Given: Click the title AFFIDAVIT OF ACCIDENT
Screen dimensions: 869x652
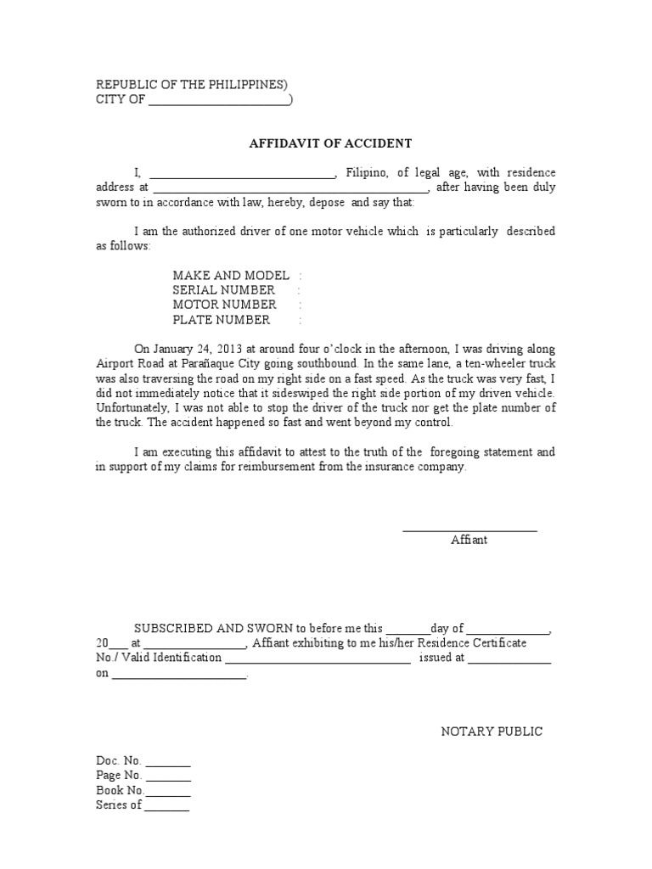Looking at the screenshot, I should [330, 143].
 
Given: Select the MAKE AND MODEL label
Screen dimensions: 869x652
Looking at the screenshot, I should [231, 276].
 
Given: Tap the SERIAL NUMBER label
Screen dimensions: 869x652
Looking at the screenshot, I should [223, 290].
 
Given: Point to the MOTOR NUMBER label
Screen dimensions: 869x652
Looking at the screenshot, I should [224, 305].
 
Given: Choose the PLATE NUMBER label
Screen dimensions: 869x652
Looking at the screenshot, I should [222, 320].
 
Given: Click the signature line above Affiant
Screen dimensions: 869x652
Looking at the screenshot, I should [469, 530].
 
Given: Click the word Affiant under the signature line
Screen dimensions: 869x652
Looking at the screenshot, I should [469, 541].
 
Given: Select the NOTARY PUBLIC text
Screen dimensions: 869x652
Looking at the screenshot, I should [492, 732].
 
